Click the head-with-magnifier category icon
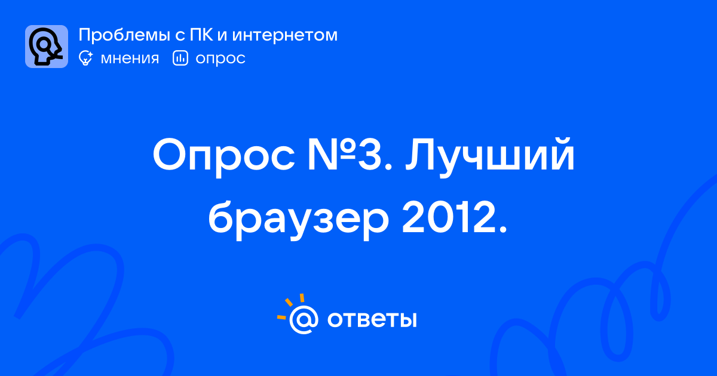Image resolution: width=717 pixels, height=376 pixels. pyautogui.click(x=47, y=47)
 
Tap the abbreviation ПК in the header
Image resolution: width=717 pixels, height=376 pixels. pyautogui.click(x=201, y=35)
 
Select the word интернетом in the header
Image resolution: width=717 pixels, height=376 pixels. pyautogui.click(x=285, y=35)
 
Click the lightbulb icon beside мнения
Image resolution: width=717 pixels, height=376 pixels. pyautogui.click(x=85, y=58)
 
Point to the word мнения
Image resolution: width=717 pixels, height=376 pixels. pyautogui.click(x=130, y=58)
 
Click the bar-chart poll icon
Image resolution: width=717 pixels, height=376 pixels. pyautogui.click(x=180, y=58)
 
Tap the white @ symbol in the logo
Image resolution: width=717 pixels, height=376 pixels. pyautogui.click(x=304, y=319)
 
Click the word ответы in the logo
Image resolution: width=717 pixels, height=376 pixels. pyautogui.click(x=372, y=320)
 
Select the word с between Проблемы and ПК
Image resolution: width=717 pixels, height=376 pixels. pyautogui.click(x=180, y=36)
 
